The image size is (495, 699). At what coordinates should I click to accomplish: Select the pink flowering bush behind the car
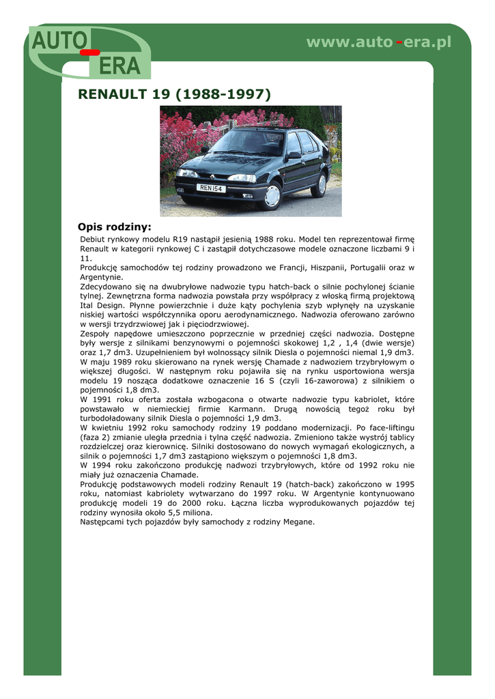pyautogui.click(x=184, y=137)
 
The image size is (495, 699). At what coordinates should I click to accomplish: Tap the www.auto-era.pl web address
pyautogui.click(x=379, y=42)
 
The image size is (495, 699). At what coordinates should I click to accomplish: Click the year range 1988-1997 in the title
pyautogui.click(x=223, y=94)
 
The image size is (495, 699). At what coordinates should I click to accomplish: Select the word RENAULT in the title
pyautogui.click(x=113, y=94)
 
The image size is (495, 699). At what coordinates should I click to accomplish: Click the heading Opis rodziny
pyautogui.click(x=115, y=227)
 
